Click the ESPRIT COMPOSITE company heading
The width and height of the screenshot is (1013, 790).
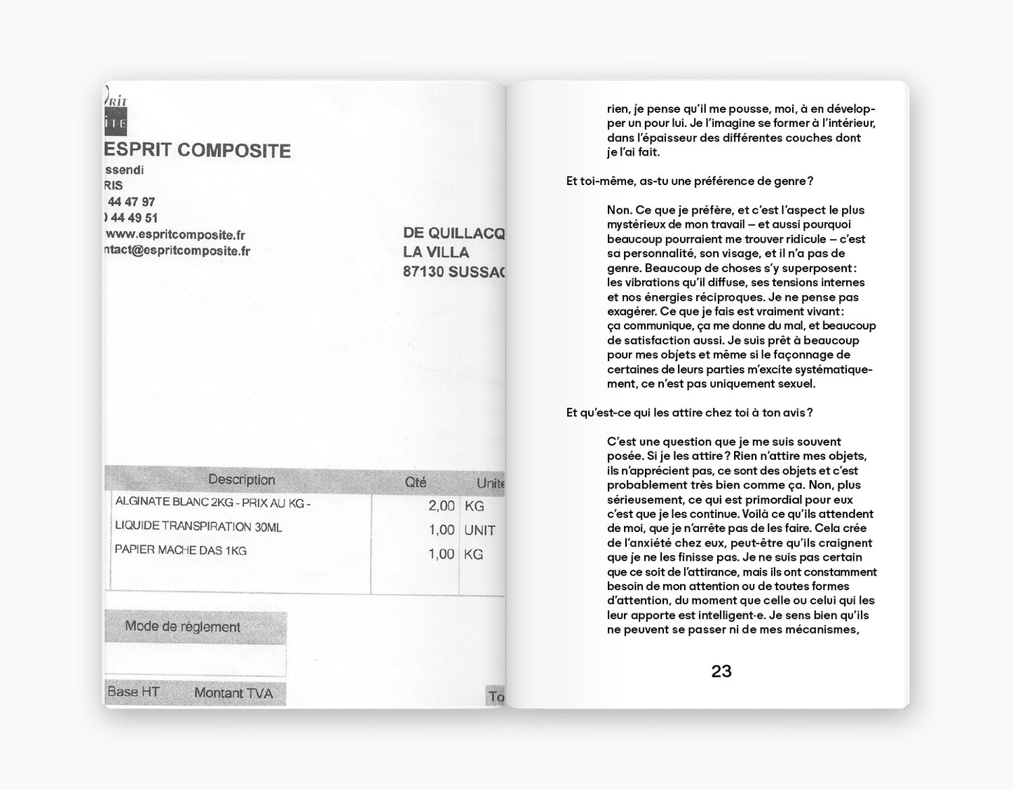tap(197, 151)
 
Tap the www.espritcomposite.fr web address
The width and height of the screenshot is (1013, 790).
tap(175, 235)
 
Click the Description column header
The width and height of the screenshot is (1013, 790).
tap(241, 480)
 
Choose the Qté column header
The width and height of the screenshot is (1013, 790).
tap(416, 482)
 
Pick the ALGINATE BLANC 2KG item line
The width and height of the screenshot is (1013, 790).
tap(212, 502)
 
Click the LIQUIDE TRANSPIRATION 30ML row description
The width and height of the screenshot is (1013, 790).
tap(198, 526)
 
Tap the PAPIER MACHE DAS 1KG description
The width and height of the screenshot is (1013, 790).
tap(181, 550)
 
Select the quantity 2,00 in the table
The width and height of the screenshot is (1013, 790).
tap(442, 506)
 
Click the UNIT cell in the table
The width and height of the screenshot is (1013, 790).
tap(480, 531)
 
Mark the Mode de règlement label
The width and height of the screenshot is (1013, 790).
tap(182, 627)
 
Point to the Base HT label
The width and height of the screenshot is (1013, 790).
tap(133, 692)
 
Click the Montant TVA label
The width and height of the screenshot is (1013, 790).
tap(233, 693)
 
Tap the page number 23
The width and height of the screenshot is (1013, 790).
tap(721, 672)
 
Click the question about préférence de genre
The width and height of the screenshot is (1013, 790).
tap(689, 181)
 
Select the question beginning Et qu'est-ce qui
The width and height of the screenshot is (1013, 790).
tap(689, 413)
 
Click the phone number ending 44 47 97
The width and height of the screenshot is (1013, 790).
tap(131, 202)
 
